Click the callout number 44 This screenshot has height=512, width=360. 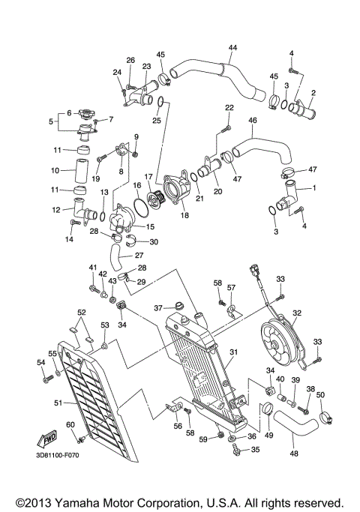[232, 48]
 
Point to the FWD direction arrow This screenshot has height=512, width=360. [46, 438]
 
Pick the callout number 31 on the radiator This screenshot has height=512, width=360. [234, 352]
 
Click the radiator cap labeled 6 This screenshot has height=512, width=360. [85, 116]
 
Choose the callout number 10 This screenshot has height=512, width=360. [55, 171]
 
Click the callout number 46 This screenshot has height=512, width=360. [252, 120]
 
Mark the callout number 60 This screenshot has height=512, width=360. [70, 425]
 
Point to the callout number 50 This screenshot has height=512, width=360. [320, 394]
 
